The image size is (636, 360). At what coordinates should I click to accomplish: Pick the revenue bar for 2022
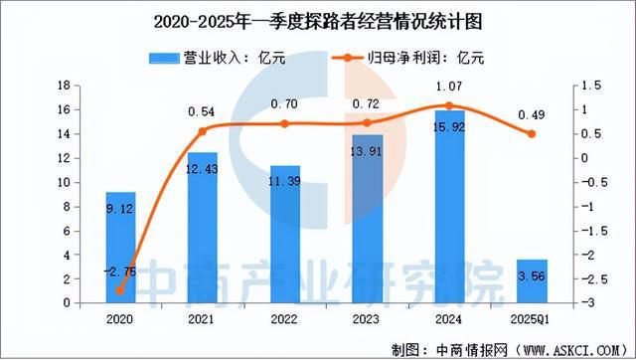coord(284,234)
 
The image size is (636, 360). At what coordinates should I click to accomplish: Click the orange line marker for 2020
coord(120,291)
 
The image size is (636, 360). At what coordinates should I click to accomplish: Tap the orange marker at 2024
coord(449,105)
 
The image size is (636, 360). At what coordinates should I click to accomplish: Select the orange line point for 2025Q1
coord(531,134)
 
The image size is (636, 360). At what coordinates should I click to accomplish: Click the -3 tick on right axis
coord(587,303)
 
